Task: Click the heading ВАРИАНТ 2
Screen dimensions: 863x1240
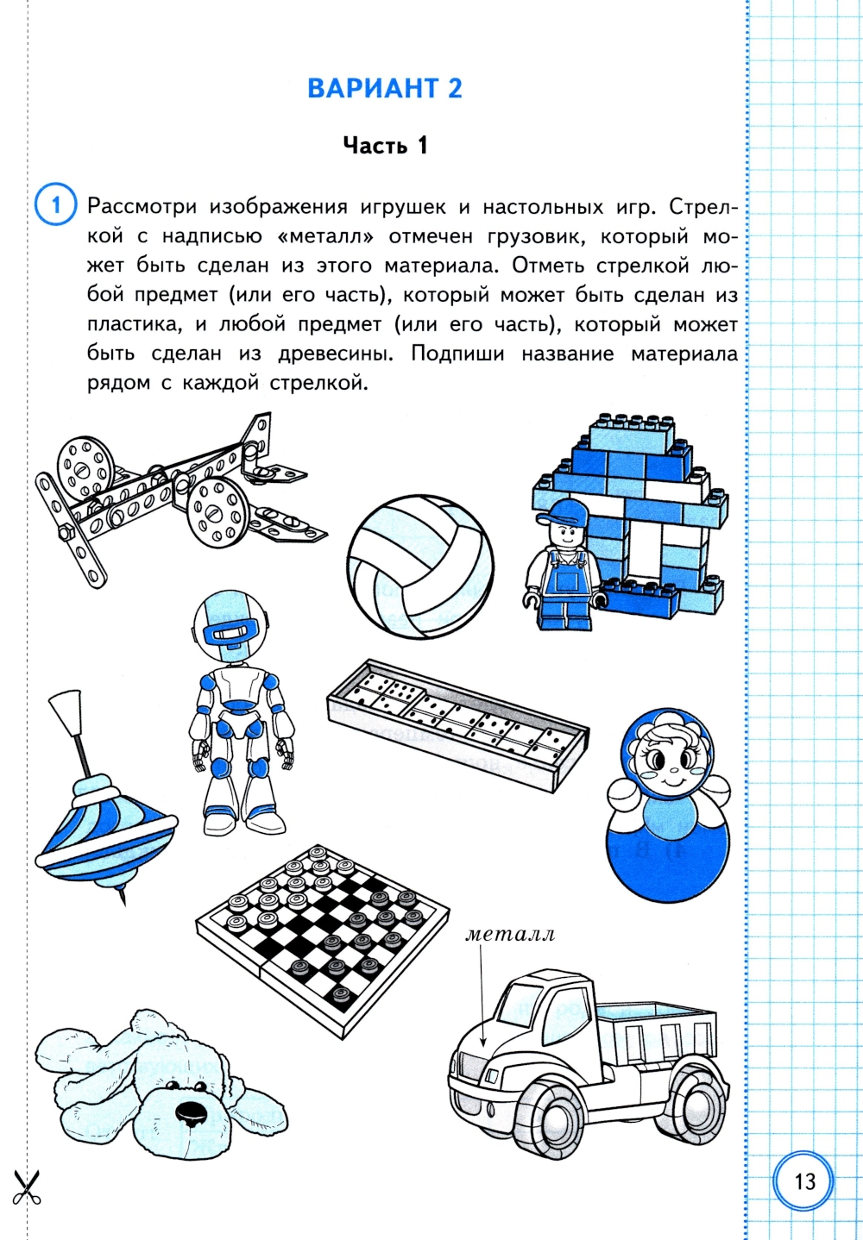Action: click(x=385, y=89)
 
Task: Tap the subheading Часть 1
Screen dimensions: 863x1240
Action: click(x=386, y=146)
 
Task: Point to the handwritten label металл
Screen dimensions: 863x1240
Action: click(x=510, y=935)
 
